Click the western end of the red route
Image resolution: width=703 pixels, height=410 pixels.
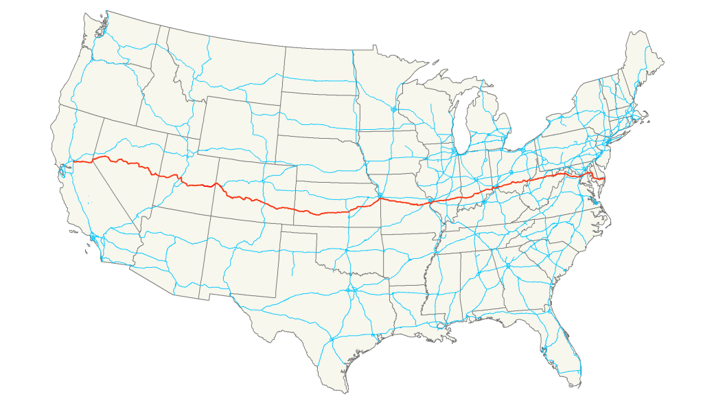(73, 161)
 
